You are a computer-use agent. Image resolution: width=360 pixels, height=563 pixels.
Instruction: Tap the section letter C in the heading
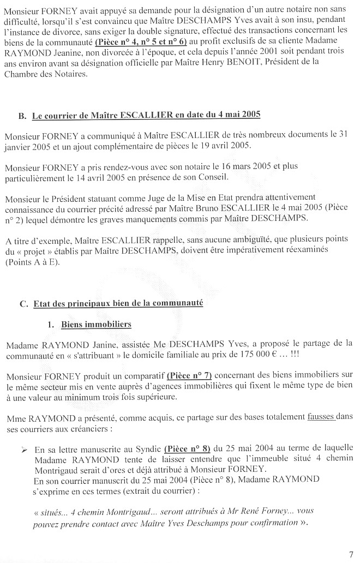22,303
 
